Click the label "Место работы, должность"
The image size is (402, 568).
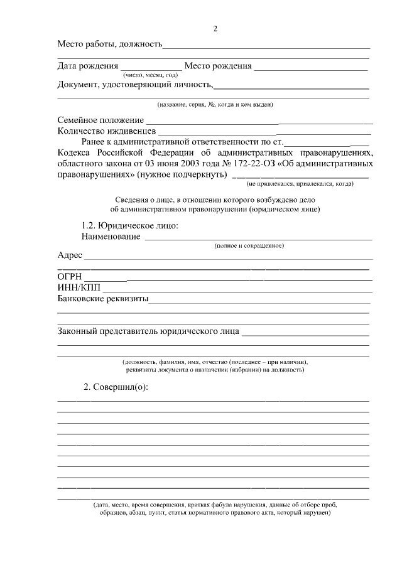click(110, 45)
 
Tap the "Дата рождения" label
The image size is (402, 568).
click(88, 66)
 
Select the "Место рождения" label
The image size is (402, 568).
click(218, 66)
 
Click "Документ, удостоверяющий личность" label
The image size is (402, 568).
click(136, 85)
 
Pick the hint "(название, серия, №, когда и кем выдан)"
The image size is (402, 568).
click(214, 104)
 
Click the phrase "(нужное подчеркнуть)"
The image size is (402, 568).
click(182, 174)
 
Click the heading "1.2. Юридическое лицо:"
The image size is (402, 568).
click(130, 225)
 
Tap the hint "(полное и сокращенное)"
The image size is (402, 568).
click(249, 245)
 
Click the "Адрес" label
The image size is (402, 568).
click(70, 255)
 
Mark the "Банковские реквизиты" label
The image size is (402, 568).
click(102, 299)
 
